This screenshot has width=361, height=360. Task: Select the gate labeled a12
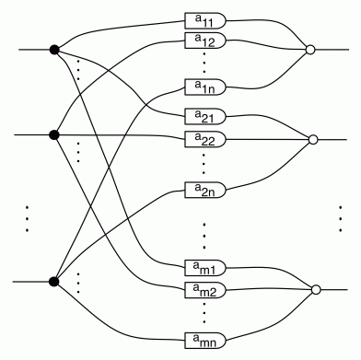point(204,41)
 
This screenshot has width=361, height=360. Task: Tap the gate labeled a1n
point(204,86)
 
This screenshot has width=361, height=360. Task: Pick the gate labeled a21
point(204,118)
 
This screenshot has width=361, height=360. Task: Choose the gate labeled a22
point(204,139)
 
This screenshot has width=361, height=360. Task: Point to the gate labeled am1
point(204,268)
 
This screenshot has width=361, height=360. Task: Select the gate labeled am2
point(204,290)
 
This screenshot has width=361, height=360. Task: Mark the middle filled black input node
point(54,135)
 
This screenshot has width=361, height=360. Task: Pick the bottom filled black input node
point(54,282)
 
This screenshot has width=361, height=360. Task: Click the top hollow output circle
point(311,50)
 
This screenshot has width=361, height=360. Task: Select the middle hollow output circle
point(313,141)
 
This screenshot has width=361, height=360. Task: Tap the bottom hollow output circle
point(316,290)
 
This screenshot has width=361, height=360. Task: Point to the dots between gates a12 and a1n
point(204,64)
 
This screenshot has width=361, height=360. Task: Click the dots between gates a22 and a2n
point(204,163)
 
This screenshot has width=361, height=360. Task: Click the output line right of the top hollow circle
point(332,50)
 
